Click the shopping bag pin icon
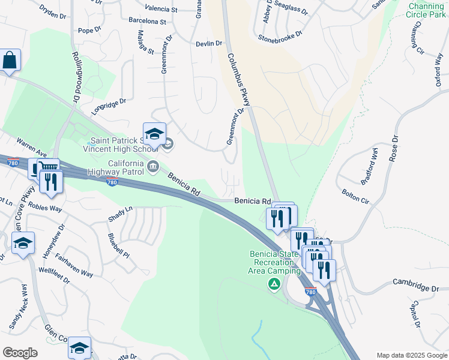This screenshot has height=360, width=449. pyautogui.click(x=10, y=61)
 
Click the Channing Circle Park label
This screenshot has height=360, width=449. pyautogui.click(x=426, y=10)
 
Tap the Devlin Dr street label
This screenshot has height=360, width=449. pyautogui.click(x=209, y=43)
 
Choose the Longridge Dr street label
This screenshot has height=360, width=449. pyautogui.click(x=109, y=106)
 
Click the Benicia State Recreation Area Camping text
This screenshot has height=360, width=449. pyautogui.click(x=275, y=262)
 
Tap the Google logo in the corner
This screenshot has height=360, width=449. pyautogui.click(x=20, y=353)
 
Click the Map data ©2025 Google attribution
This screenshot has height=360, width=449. pyautogui.click(x=411, y=355)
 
